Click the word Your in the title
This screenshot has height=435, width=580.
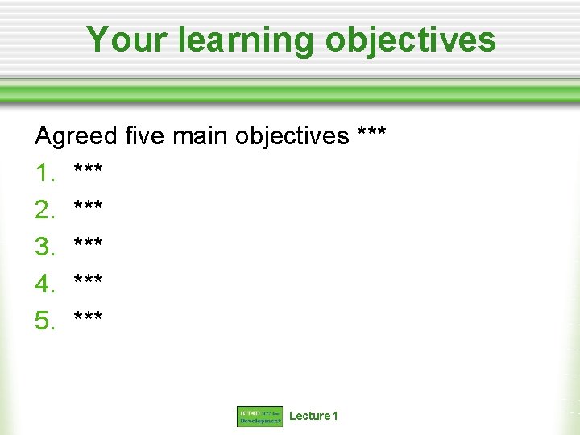pos(120,39)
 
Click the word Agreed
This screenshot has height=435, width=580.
pos(77,136)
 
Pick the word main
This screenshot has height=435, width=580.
pos(201,135)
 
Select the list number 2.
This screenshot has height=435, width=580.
pos(44,210)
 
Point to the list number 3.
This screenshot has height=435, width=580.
pos(44,247)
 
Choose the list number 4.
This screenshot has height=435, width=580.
pos(44,284)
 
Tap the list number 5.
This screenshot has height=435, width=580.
pos(44,321)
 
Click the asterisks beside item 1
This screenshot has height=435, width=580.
pos(88,169)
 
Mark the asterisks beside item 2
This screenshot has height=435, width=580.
pos(88,206)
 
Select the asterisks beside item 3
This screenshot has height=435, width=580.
pos(88,243)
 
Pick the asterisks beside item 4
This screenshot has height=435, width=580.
pos(88,280)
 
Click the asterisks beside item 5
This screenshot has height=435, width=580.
pos(88,317)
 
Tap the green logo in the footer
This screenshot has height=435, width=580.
pos(259,416)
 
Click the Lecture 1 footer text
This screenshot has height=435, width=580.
pos(313,416)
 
